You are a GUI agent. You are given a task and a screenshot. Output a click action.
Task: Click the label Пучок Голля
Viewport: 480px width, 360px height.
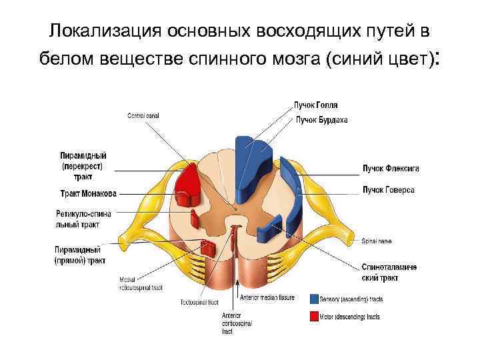pyautogui.click(x=315, y=105)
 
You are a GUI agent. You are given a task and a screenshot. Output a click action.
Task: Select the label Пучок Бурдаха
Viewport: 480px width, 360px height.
pyautogui.click(x=322, y=120)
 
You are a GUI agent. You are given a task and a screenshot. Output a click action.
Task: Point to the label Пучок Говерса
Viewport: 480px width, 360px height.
pyautogui.click(x=388, y=190)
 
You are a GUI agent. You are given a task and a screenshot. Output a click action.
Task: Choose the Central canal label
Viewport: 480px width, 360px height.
pyautogui.click(x=143, y=116)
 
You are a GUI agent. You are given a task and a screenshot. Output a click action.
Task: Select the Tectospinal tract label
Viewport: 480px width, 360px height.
pyautogui.click(x=199, y=302)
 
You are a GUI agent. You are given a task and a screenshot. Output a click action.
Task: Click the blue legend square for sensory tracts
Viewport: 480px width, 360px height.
pyautogui.click(x=314, y=298)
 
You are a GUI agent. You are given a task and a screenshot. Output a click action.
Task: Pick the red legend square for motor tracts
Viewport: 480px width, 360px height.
pyautogui.click(x=314, y=317)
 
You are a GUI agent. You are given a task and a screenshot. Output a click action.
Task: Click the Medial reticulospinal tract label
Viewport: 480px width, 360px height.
pyautogui.click(x=141, y=283)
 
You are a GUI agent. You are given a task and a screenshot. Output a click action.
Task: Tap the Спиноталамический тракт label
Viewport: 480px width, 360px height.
pyautogui.click(x=389, y=272)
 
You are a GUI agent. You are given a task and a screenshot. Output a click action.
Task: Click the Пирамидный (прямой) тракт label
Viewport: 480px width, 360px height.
pyautogui.click(x=79, y=255)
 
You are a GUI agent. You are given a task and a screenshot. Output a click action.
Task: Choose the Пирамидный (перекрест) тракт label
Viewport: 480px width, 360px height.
pyautogui.click(x=83, y=166)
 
